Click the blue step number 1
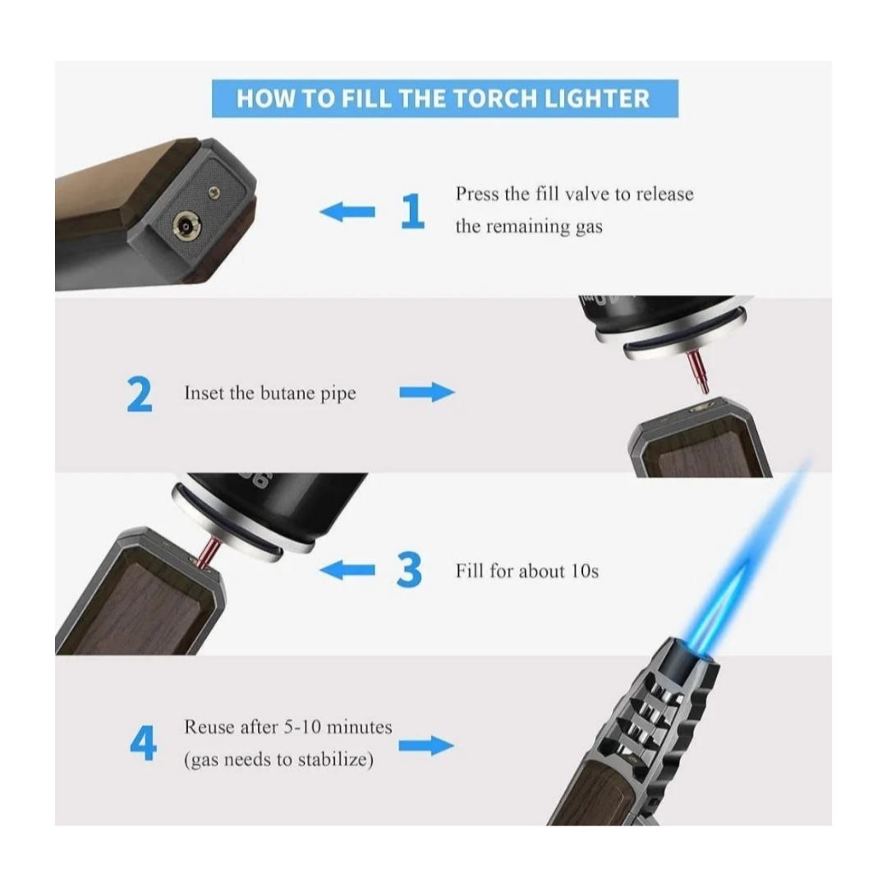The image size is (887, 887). click(412, 211)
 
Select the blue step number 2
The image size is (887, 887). click(139, 393)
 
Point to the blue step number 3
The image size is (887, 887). click(409, 570)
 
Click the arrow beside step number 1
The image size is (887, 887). click(347, 212)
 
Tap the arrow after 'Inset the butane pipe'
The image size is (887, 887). click(427, 392)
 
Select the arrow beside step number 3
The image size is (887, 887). click(347, 570)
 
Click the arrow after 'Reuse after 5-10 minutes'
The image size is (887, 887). click(426, 746)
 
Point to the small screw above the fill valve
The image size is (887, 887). click(214, 192)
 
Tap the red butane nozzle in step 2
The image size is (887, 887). click(698, 372)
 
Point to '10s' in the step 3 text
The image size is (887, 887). click(584, 571)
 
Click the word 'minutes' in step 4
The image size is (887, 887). click(359, 726)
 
